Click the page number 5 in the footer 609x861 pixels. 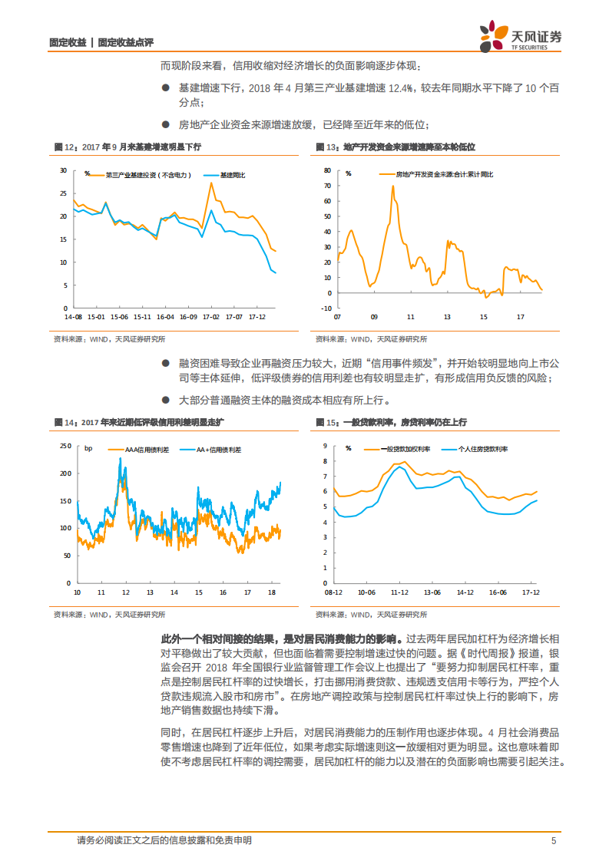click(x=553, y=840)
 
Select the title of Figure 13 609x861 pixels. click(x=396, y=146)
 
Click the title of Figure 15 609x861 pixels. click(x=391, y=423)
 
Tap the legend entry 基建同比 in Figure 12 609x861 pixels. click(x=232, y=175)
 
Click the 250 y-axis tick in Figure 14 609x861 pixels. click(x=65, y=445)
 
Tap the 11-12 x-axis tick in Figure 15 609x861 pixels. click(x=399, y=592)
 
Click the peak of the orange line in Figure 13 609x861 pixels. click(x=392, y=186)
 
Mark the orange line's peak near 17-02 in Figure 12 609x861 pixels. click(x=211, y=183)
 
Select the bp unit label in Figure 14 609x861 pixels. click(x=88, y=448)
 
